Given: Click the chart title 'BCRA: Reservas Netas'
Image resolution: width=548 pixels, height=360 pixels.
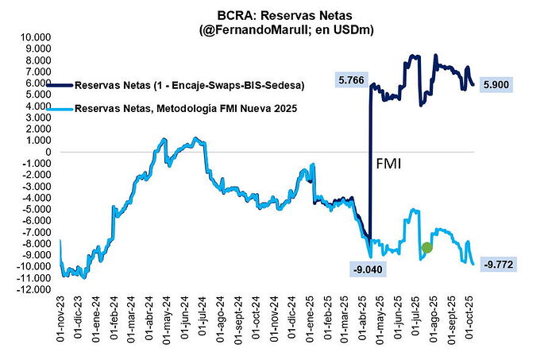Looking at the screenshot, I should click(x=273, y=15).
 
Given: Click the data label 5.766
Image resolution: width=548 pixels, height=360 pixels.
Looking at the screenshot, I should click(x=353, y=81).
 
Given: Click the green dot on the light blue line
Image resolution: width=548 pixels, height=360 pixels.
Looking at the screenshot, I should click(x=427, y=247).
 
